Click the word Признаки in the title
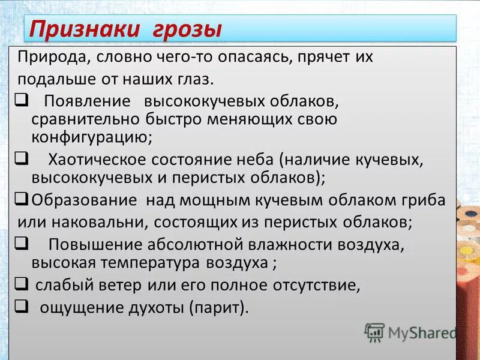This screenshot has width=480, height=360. (x=79, y=28)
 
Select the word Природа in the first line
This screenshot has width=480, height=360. (x=51, y=57)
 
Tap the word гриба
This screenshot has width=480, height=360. (x=424, y=200)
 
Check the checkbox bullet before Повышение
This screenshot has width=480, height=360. (x=20, y=242)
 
